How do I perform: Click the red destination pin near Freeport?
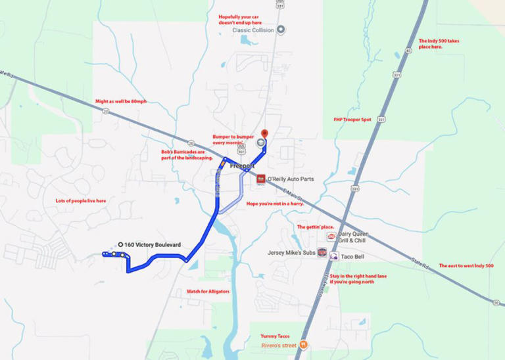point(265,133)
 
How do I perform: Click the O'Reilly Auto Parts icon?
point(261,179)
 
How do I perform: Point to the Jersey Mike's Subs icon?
point(322,252)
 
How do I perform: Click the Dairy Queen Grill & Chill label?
point(353,237)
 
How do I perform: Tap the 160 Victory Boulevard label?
point(153,245)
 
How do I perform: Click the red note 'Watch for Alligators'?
point(208,291)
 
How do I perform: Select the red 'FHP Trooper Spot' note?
point(352,120)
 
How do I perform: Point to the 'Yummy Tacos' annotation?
point(274,336)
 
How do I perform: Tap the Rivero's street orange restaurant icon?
point(303,344)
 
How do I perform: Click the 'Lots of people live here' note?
point(81,200)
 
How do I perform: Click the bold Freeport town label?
point(242,167)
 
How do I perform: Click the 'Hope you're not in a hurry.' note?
point(275,204)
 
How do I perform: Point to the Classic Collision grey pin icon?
point(281,30)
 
